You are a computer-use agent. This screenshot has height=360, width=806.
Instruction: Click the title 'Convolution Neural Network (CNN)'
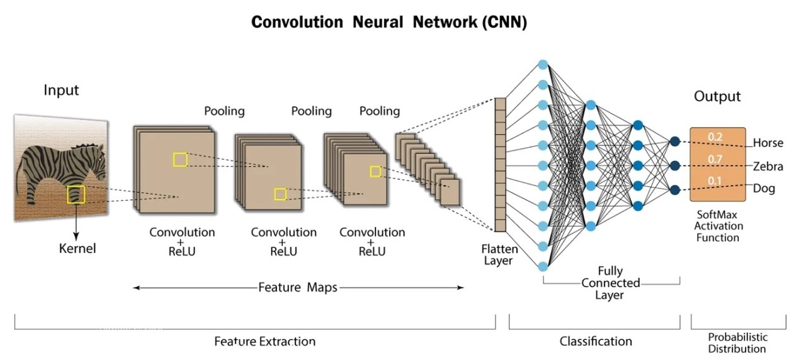point(389,22)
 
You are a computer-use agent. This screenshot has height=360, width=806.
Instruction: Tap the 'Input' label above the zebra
point(61,90)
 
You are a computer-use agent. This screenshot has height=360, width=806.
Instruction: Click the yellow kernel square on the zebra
point(76,194)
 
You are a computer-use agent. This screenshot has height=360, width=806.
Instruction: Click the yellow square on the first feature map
point(180,159)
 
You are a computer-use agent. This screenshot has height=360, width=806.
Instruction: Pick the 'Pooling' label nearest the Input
point(224,111)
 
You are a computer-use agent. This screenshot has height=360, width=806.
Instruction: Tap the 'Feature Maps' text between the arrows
point(298,288)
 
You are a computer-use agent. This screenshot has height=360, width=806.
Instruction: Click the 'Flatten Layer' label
point(500,255)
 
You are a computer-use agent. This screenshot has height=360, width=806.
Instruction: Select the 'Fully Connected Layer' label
point(610,283)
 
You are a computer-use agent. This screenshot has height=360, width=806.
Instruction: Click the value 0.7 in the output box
point(715,159)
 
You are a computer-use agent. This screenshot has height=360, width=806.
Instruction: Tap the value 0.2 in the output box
point(715,137)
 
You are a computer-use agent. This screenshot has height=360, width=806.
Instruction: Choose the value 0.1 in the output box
point(715,182)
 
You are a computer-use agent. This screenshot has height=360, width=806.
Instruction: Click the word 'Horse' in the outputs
point(768,143)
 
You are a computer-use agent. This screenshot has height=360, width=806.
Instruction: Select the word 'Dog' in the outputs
point(764,188)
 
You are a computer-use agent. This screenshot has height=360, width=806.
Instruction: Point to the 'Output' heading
point(717,96)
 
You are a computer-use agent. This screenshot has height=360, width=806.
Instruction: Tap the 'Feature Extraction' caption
point(264,341)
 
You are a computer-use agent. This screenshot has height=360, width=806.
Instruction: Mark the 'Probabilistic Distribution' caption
point(737,342)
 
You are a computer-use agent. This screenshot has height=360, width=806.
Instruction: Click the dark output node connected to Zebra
point(675,166)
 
